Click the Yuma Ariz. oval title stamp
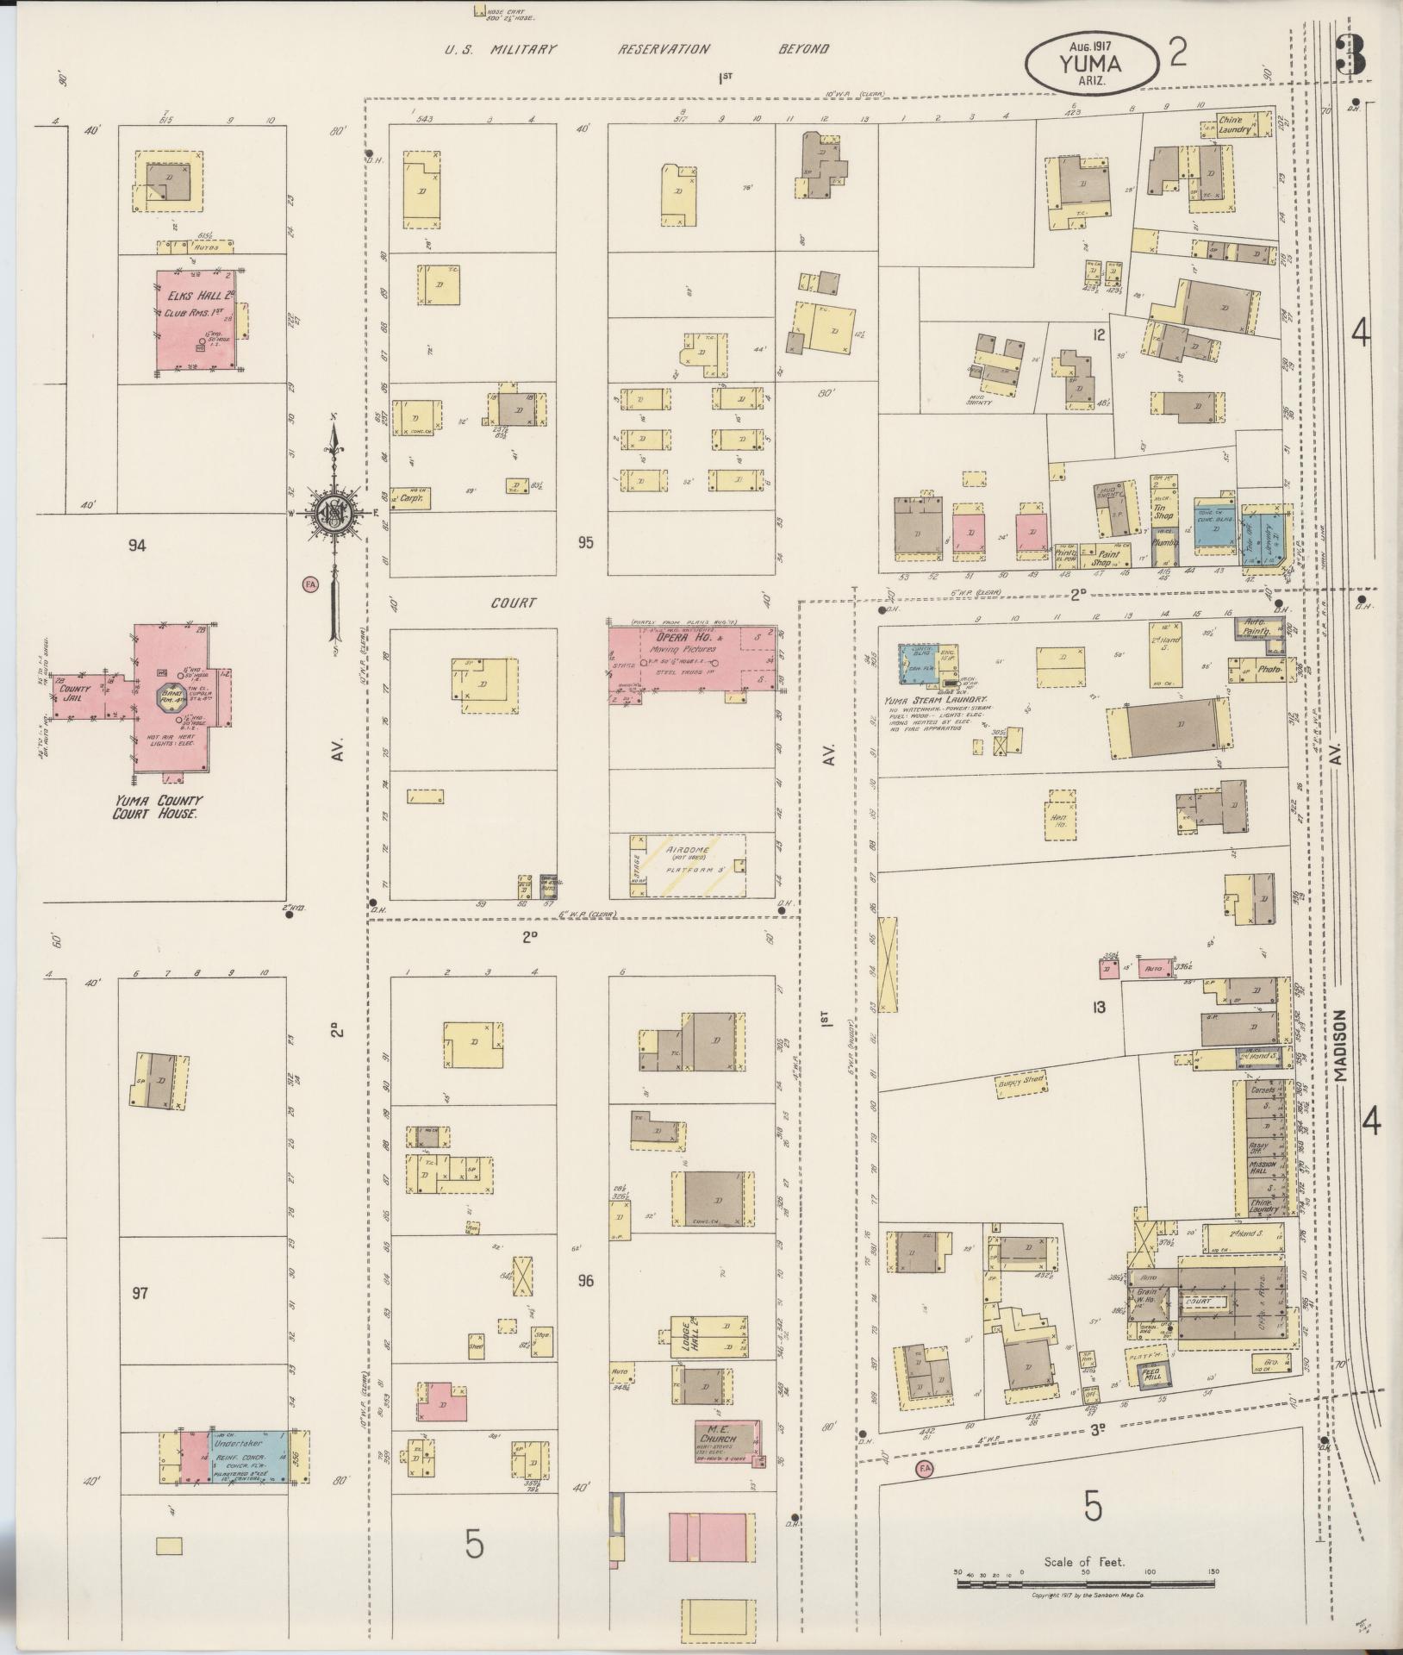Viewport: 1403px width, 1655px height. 1089,64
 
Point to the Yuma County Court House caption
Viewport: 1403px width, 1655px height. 159,807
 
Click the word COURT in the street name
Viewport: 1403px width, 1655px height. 514,603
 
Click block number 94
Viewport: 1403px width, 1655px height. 137,545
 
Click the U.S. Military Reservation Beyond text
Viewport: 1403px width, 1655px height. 637,49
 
